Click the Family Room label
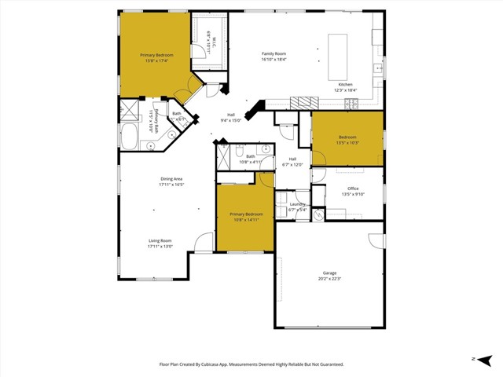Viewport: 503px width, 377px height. click(x=274, y=53)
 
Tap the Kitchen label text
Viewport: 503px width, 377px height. click(x=345, y=84)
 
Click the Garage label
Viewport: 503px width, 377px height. click(x=329, y=273)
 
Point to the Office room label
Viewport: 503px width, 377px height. click(x=352, y=188)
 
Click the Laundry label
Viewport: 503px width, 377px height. click(x=297, y=204)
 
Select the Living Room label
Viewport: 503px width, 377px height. click(x=160, y=241)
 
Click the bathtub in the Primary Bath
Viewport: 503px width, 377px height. click(x=129, y=138)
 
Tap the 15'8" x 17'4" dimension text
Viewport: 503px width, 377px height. click(x=156, y=60)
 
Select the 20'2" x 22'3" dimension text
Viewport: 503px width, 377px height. click(x=329, y=278)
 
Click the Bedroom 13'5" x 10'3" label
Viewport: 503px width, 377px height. click(x=347, y=140)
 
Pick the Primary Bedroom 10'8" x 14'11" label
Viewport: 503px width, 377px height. click(x=246, y=217)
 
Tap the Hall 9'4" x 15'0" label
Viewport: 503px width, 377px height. click(x=230, y=118)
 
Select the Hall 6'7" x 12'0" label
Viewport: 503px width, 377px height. click(x=292, y=162)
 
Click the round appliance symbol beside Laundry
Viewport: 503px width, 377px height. click(x=318, y=212)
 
